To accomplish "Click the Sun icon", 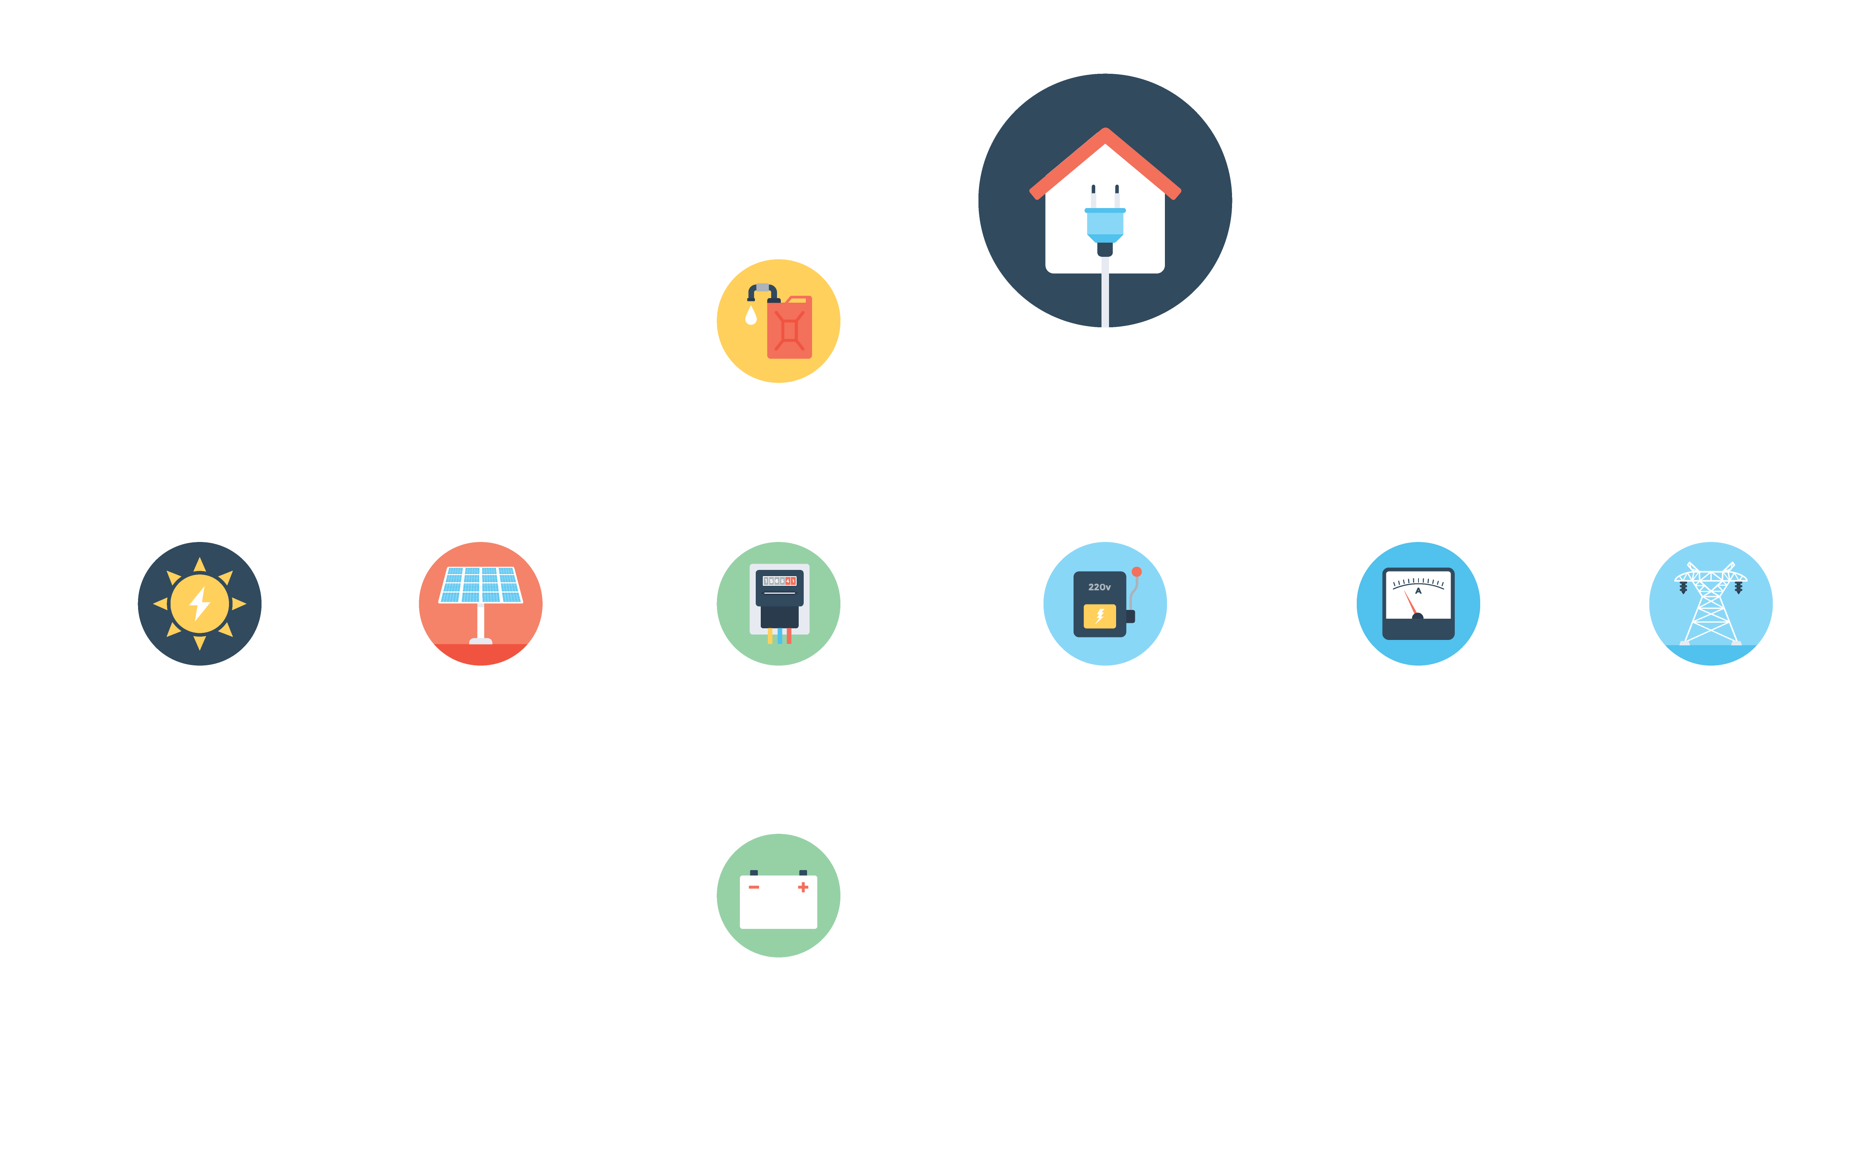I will tap(199, 603).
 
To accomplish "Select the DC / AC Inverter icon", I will tap(778, 603).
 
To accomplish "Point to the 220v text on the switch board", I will tap(1099, 587).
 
